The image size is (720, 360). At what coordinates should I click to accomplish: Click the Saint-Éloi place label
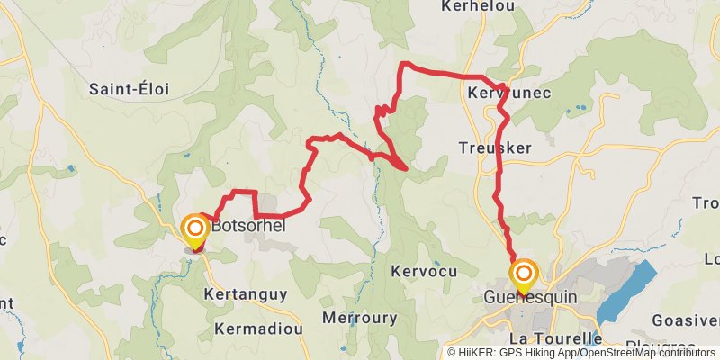[x=130, y=89]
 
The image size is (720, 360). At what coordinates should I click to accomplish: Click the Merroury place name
[x=360, y=318]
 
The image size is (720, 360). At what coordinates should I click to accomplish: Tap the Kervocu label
[x=425, y=271]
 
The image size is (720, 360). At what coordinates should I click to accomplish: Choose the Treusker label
[x=494, y=148]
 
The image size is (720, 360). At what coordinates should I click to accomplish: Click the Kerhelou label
[x=477, y=6]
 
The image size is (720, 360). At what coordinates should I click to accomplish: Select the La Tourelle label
[x=554, y=338]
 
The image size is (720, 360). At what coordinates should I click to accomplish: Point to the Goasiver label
[x=685, y=321]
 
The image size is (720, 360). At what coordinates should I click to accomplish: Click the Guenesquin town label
[x=530, y=297]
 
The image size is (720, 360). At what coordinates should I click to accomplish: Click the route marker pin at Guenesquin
[x=523, y=274]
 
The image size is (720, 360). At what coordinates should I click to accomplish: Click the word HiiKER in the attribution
[x=477, y=353]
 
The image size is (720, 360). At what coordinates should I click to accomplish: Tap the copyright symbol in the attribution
[x=452, y=353]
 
